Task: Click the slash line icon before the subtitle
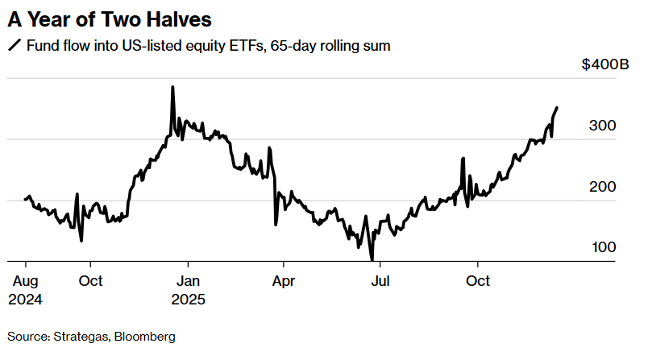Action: point(14,46)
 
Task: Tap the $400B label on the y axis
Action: point(605,65)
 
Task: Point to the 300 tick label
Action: point(604,126)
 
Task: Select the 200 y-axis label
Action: point(604,187)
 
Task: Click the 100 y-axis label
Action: point(604,247)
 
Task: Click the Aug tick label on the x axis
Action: point(26,281)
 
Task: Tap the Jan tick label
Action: point(188,281)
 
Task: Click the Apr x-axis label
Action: point(283,281)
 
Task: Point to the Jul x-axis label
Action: point(380,281)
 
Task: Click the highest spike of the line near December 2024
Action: point(172,87)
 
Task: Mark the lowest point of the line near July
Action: point(372,259)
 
